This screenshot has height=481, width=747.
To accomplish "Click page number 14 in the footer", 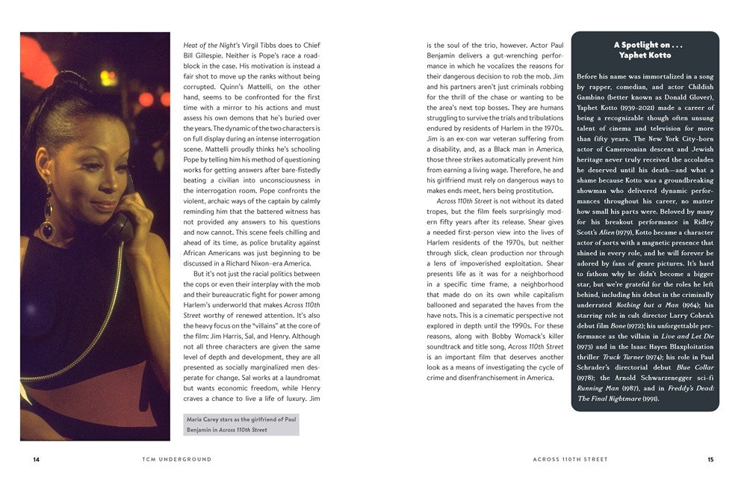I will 36,459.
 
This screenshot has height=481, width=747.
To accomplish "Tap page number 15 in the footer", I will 710,459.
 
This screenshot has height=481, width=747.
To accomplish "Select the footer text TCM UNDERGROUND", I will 176,459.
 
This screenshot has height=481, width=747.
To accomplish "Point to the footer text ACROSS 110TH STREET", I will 571,459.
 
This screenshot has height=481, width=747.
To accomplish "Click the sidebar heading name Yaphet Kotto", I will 645,55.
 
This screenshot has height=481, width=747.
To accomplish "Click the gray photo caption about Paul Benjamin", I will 241,424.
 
